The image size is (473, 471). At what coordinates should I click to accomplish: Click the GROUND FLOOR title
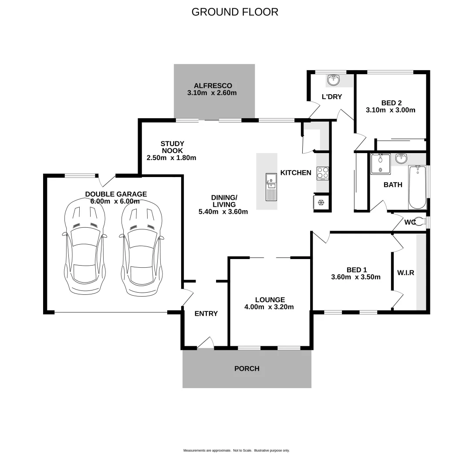pos(235,12)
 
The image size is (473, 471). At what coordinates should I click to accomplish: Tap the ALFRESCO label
pos(213,85)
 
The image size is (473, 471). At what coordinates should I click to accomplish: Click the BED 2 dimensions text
pos(390,110)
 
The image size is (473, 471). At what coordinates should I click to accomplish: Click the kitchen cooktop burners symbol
pos(323,173)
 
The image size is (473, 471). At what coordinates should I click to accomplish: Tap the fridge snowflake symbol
pos(321,202)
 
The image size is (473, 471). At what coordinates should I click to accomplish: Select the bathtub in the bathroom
pos(418,188)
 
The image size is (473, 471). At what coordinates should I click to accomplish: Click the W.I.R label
pos(405,273)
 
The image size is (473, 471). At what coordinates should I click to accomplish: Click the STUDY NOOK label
pos(172,150)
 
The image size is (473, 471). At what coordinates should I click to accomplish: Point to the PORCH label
pos(247,369)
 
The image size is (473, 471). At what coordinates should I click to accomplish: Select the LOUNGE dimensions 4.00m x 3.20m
pos(270,307)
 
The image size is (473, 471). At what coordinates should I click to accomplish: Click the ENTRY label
pos(206,314)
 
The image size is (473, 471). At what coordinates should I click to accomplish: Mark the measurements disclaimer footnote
pos(236,451)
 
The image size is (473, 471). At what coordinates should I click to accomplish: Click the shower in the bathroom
pos(380,164)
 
